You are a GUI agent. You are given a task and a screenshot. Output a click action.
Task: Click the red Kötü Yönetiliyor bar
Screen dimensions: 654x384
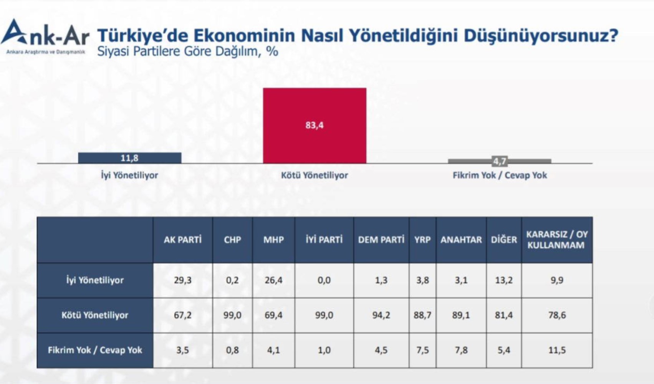point(315,126)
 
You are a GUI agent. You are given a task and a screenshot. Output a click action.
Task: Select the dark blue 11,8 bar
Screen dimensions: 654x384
point(130,158)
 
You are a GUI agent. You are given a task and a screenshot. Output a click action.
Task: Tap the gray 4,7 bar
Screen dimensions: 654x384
point(500,161)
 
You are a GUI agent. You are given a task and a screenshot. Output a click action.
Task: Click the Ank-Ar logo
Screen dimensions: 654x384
point(45,36)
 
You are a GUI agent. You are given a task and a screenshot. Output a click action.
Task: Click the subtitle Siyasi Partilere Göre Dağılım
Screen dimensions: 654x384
point(187,52)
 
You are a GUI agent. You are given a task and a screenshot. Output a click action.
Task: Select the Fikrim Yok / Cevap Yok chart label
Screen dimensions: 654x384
point(500,175)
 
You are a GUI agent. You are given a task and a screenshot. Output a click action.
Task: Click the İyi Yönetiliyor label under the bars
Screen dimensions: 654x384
point(129,175)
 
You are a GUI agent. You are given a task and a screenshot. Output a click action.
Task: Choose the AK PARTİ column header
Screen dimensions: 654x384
point(182,240)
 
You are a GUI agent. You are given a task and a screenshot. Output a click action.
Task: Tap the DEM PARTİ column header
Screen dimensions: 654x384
point(381,240)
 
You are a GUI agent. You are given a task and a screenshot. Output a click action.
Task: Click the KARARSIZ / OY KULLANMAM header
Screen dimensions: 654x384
point(557,240)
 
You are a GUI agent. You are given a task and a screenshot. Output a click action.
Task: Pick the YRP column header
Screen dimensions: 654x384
point(422,240)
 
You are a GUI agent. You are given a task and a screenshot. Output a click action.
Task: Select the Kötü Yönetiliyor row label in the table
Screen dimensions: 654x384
point(95,315)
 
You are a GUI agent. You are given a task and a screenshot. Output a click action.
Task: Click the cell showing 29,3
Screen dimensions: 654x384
point(182,280)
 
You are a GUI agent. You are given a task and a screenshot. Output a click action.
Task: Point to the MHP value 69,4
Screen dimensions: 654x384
point(273,315)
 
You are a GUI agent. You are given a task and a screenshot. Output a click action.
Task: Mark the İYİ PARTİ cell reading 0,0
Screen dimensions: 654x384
point(324,280)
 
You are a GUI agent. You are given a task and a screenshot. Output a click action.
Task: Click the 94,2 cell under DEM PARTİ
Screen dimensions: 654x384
point(381,315)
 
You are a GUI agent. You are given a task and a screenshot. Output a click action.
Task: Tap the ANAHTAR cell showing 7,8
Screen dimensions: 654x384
point(461,350)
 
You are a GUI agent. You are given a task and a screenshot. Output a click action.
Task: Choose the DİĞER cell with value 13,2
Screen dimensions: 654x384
point(503,280)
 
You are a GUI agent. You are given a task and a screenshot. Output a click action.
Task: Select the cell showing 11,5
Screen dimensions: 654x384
point(557,350)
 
